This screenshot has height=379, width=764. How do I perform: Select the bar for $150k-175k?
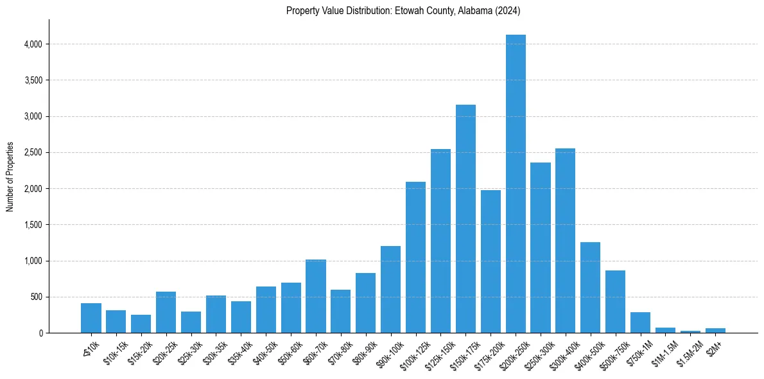click(x=465, y=218)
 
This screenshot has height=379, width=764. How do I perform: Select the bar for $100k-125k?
click(x=415, y=257)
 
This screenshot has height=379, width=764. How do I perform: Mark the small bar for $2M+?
click(x=715, y=330)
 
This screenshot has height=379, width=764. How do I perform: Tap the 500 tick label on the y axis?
click(x=37, y=297)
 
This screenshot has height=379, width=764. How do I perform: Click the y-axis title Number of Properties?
click(x=10, y=177)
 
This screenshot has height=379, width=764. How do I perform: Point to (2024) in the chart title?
click(x=508, y=11)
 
